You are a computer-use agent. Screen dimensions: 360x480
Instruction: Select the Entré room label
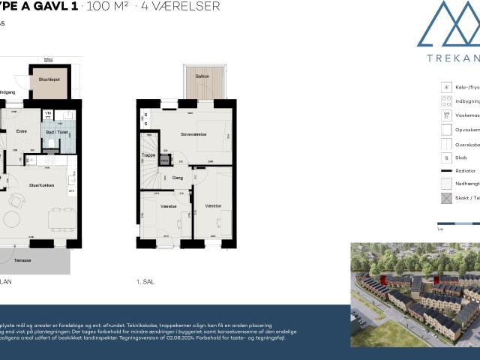pos(22,130)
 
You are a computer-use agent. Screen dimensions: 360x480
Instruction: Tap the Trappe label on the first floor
pos(148,155)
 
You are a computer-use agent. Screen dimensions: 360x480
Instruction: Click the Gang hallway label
pos(178,178)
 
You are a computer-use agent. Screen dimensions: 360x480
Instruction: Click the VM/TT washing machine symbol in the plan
pos(48,115)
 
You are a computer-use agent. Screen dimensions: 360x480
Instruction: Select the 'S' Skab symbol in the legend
pos(445,157)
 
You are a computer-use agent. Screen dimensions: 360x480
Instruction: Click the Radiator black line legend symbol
pos(445,171)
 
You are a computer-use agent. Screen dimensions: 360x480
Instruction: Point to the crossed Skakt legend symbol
pos(445,199)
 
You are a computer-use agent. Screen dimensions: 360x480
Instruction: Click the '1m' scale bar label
pos(439,230)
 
